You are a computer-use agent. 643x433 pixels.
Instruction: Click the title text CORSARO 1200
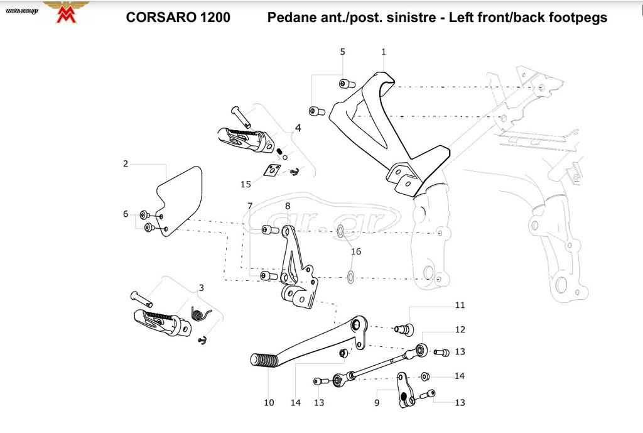(x=178, y=17)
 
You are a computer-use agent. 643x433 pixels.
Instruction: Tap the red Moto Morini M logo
(x=67, y=15)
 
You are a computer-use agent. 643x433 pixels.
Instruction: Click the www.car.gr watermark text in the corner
(x=22, y=11)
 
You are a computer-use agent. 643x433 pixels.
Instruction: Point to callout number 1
(x=384, y=52)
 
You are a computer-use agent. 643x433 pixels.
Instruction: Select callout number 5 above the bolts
(x=342, y=52)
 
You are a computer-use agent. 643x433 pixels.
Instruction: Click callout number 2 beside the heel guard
(x=126, y=164)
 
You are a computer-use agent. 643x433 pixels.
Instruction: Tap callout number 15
(x=246, y=184)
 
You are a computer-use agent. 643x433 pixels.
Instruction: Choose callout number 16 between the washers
(x=356, y=251)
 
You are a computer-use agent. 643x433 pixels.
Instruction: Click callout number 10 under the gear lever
(x=269, y=403)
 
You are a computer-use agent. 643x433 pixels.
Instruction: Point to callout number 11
(x=460, y=305)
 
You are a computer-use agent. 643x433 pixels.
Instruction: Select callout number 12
(x=460, y=329)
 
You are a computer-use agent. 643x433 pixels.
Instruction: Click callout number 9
(x=377, y=403)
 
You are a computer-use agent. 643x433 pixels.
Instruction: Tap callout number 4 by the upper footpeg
(x=298, y=128)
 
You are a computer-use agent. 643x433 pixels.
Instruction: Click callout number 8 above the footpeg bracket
(x=288, y=206)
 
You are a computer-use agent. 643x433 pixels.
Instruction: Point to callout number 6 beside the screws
(x=126, y=214)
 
